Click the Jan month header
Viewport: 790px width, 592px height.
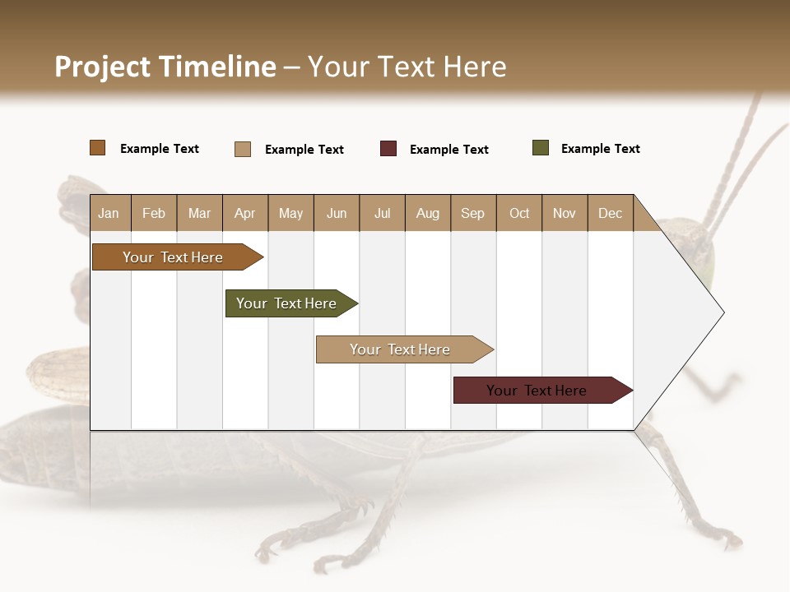click(109, 213)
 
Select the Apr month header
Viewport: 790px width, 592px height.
click(244, 213)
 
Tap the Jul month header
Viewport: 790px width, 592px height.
click(382, 213)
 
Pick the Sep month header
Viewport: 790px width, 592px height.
click(472, 213)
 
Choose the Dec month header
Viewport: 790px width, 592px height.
click(610, 213)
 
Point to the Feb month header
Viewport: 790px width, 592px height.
click(154, 213)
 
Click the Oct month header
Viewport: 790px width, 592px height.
click(519, 213)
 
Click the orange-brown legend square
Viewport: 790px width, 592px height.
click(98, 148)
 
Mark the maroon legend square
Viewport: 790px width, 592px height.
click(388, 149)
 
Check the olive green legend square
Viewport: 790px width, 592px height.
click(541, 148)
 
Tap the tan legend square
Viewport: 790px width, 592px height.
click(243, 149)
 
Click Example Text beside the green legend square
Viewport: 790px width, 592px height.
click(600, 149)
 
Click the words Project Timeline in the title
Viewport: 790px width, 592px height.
click(165, 67)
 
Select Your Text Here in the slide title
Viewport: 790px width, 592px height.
click(407, 67)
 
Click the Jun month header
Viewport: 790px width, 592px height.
click(337, 213)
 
